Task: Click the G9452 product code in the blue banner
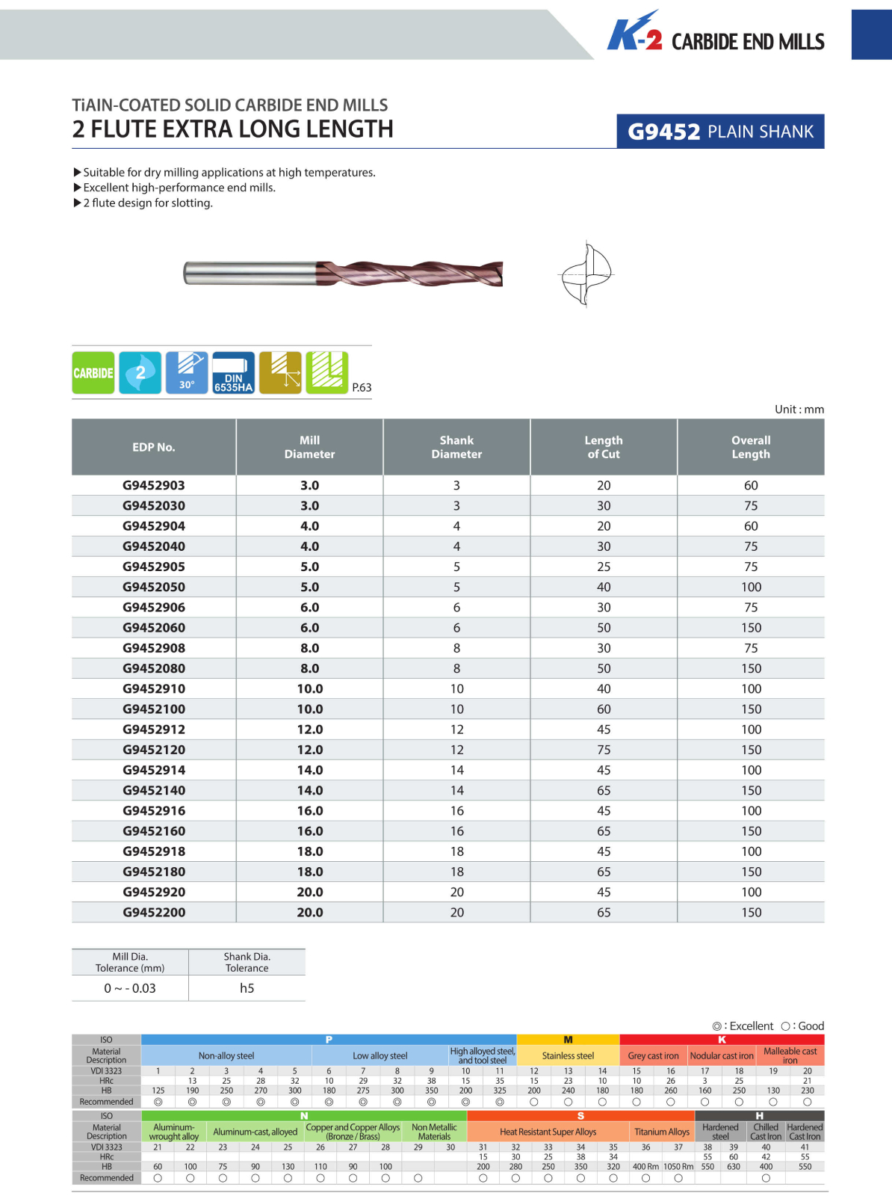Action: coord(663,132)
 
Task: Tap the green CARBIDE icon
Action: coord(93,372)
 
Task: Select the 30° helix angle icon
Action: coord(187,372)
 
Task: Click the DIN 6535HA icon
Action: coord(233,372)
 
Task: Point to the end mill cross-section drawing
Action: coord(586,274)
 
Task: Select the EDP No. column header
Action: coord(154,447)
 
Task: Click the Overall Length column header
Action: coord(751,447)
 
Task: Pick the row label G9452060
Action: coord(154,628)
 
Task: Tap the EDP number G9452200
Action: coord(154,913)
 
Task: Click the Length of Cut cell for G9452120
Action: coord(604,750)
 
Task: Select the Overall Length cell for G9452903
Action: coord(751,485)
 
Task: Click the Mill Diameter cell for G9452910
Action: coord(309,688)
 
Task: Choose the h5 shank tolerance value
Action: coord(247,988)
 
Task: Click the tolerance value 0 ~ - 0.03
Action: coord(130,988)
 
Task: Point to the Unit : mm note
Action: coord(799,409)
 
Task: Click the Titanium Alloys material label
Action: coord(661,1132)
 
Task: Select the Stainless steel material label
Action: coord(568,1055)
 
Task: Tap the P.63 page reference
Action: coord(362,387)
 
